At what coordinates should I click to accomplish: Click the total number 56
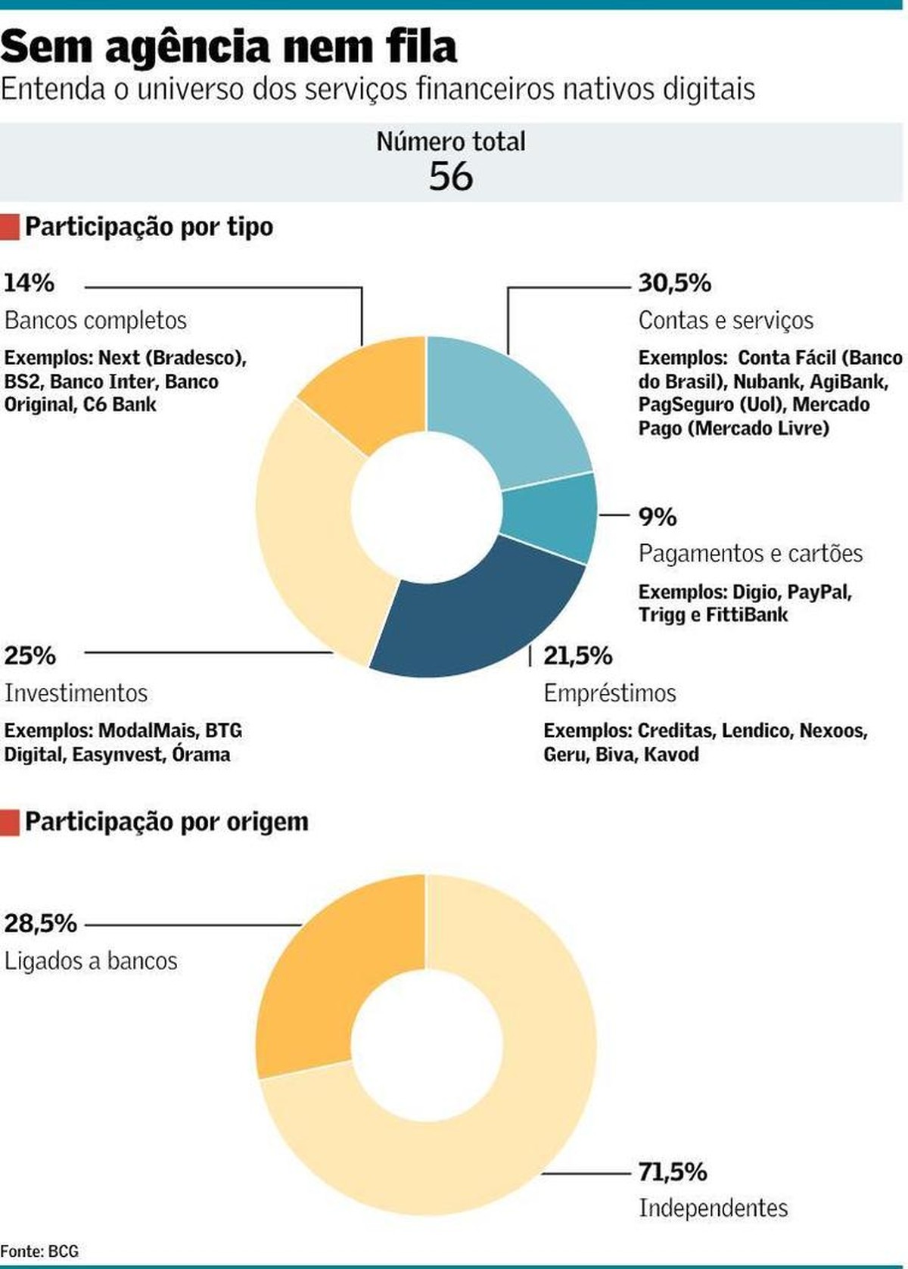click(x=451, y=176)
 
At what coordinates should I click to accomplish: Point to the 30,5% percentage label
click(x=674, y=283)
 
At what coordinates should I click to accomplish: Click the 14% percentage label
click(x=29, y=283)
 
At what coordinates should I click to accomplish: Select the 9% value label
click(x=657, y=517)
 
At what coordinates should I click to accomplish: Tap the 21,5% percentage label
click(x=577, y=655)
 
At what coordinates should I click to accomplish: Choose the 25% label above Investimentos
click(x=30, y=655)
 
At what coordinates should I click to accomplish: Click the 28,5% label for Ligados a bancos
click(x=40, y=923)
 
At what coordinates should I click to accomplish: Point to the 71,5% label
click(x=672, y=1171)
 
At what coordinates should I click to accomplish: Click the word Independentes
click(x=713, y=1208)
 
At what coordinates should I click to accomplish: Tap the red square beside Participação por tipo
click(x=10, y=227)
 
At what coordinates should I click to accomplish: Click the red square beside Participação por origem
click(x=10, y=823)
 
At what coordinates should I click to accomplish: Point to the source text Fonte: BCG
click(x=39, y=1252)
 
